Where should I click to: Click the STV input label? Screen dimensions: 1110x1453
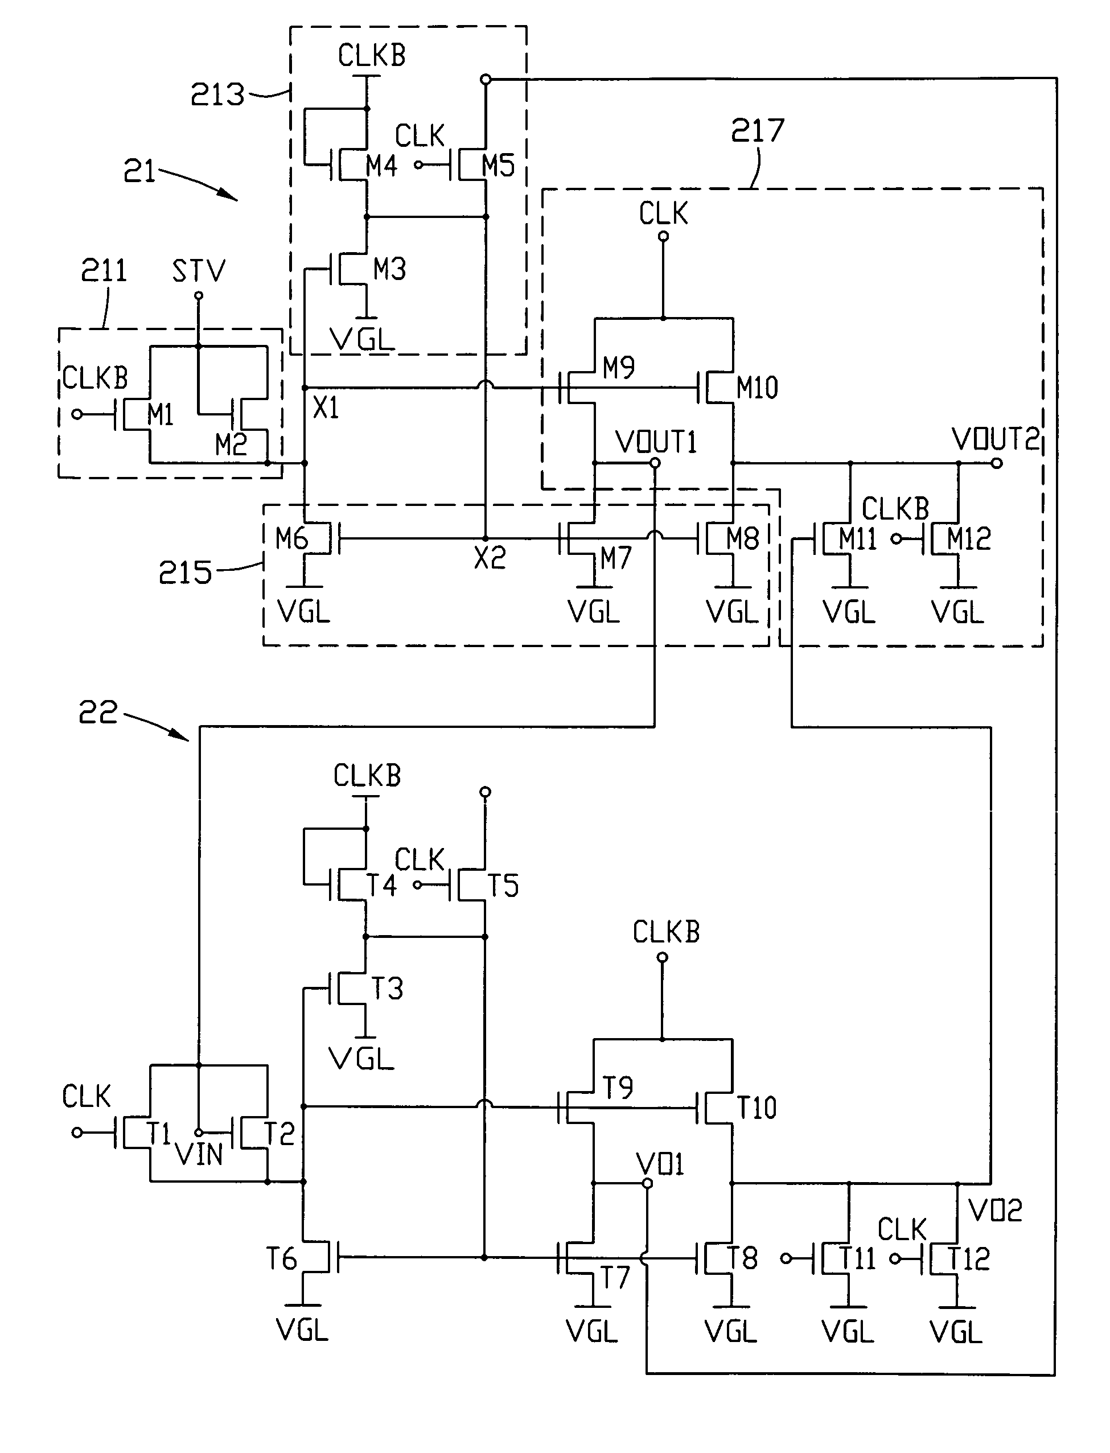point(198,271)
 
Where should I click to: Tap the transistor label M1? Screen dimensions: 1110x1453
point(160,415)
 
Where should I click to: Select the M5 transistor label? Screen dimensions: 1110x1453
point(498,165)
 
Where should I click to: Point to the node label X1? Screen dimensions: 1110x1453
point(326,408)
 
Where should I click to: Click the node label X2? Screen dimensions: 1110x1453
point(490,559)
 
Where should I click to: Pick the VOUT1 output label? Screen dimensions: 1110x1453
point(656,442)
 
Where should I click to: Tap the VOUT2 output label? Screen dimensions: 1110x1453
point(996,439)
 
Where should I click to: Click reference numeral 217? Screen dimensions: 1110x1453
point(757,130)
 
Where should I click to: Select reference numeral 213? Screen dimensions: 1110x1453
point(217,94)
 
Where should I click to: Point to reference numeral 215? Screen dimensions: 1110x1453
point(185,573)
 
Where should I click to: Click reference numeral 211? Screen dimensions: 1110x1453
point(104,271)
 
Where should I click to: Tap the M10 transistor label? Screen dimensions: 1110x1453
point(757,388)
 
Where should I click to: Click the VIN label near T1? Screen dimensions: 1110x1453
point(199,1154)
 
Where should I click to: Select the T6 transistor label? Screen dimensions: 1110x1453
point(281,1259)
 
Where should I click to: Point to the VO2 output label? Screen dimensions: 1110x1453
point(995,1211)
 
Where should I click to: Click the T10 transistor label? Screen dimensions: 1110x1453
point(757,1108)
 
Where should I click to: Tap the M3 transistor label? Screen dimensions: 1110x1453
point(389,269)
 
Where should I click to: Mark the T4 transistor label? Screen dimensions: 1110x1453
point(381,886)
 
